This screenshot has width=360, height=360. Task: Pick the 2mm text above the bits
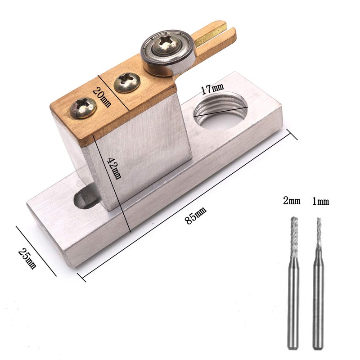291,201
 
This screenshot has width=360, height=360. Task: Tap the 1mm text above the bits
320,201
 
